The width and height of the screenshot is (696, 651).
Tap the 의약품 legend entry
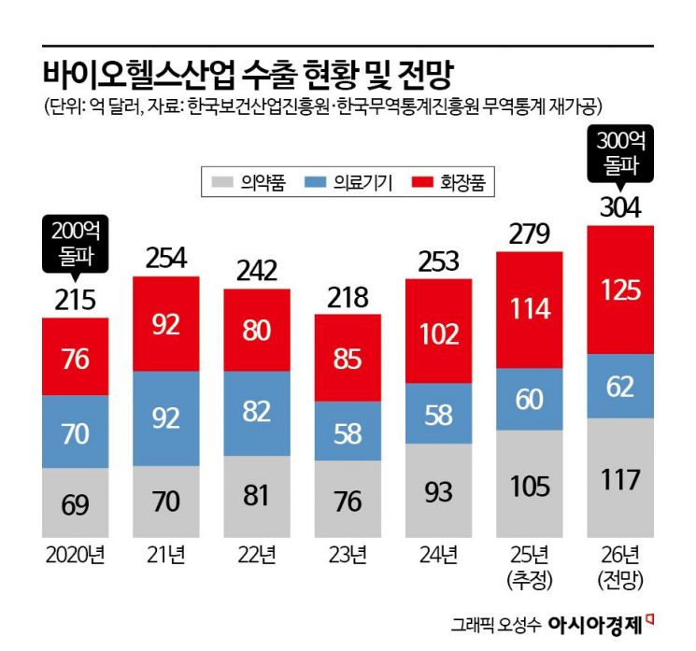pos(249,183)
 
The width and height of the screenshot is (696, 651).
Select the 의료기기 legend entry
pos(340,183)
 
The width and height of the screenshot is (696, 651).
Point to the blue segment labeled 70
pos(76,432)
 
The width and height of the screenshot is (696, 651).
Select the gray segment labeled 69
pos(76,504)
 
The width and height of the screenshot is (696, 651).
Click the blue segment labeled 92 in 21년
pos(166,417)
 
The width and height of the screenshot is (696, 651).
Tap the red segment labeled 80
pos(257,333)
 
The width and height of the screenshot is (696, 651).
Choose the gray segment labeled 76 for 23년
pos(348,501)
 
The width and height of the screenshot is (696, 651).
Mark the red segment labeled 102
pos(439,333)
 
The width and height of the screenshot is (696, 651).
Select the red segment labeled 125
pos(620,290)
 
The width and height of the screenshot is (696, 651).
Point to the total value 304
pos(620,207)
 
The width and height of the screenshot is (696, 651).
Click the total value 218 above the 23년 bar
pos(348,297)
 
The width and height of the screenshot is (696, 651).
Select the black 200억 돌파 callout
pos(76,242)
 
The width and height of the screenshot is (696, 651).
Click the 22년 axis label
pos(257,558)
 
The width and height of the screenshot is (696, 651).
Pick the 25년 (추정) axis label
pos(530,568)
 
